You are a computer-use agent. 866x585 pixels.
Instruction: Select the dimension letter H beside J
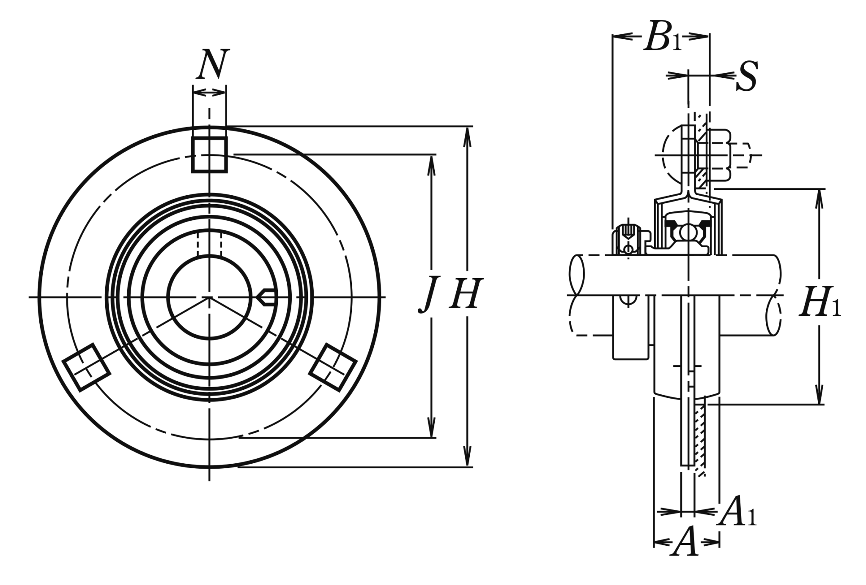pyautogui.click(x=466, y=294)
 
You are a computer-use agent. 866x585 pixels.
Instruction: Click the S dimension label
pyautogui.click(x=747, y=76)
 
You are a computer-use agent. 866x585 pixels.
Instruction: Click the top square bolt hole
pyautogui.click(x=209, y=155)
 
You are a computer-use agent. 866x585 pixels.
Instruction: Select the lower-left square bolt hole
pyautogui.click(x=86, y=367)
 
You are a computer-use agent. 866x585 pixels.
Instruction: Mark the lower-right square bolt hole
pyautogui.click(x=333, y=366)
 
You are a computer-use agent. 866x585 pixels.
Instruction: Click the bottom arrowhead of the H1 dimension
pyautogui.click(x=820, y=394)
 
